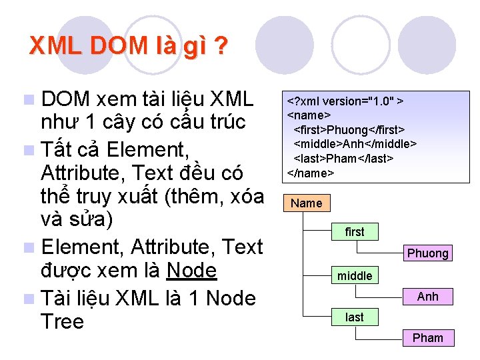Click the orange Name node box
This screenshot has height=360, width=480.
tap(307, 203)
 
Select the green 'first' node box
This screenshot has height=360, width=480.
tap(355, 231)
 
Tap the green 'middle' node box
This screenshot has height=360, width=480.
tap(355, 275)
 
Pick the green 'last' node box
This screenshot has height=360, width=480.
tap(355, 317)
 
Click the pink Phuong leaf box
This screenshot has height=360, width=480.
tap(428, 253)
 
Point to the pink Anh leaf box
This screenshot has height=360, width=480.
tap(428, 296)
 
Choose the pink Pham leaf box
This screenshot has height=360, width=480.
tap(428, 337)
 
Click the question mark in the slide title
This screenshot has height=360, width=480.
tap(221, 47)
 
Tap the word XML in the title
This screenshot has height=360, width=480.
tap(57, 46)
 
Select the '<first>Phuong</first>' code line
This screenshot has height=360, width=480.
tap(350, 129)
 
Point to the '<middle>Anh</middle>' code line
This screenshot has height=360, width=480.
tap(355, 143)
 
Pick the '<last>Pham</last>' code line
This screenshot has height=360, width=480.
tap(344, 158)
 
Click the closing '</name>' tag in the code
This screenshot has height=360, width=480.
tap(310, 173)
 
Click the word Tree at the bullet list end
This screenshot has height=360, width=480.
tap(62, 322)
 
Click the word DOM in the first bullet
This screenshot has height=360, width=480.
tap(65, 99)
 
